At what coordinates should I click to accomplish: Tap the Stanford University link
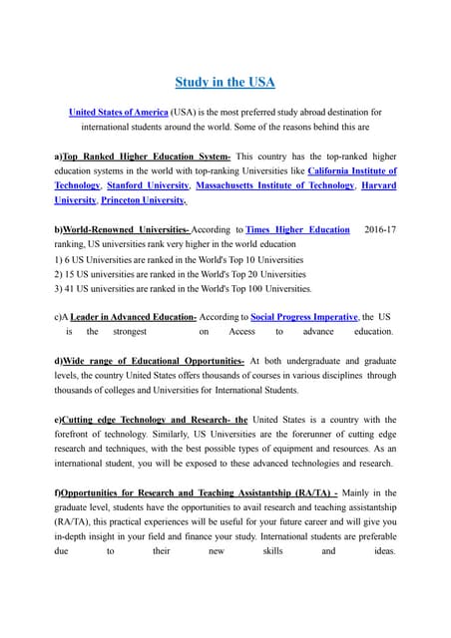click(148, 185)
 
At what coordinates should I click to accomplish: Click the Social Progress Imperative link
click(303, 316)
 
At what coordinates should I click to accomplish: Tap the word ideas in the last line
click(380, 550)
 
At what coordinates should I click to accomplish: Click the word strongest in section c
click(130, 331)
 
